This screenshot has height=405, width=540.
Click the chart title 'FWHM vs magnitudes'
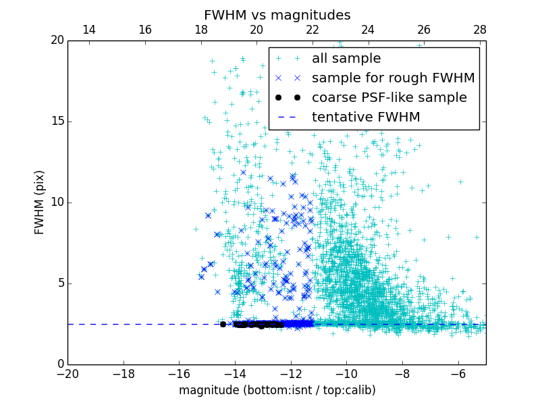[277, 15]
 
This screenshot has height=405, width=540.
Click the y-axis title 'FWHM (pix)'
[40, 202]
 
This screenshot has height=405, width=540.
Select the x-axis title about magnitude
[277, 390]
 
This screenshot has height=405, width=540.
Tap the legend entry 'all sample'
[346, 59]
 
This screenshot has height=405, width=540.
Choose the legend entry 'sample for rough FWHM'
[393, 78]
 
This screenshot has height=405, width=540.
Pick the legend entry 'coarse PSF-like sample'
[389, 98]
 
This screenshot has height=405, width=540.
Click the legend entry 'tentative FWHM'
[366, 117]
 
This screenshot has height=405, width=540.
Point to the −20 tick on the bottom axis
[67, 373]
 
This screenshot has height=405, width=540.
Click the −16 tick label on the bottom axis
[179, 373]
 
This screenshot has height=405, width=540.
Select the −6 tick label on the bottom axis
[458, 373]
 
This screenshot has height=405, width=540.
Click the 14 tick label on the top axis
[88, 30]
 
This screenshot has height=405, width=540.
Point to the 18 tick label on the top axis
[200, 30]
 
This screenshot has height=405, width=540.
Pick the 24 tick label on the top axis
[368, 30]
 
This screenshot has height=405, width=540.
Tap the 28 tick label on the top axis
[480, 30]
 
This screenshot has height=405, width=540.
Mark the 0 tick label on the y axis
[59, 364]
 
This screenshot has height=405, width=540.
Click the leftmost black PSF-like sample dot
[223, 324]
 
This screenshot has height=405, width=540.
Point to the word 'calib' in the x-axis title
[358, 390]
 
